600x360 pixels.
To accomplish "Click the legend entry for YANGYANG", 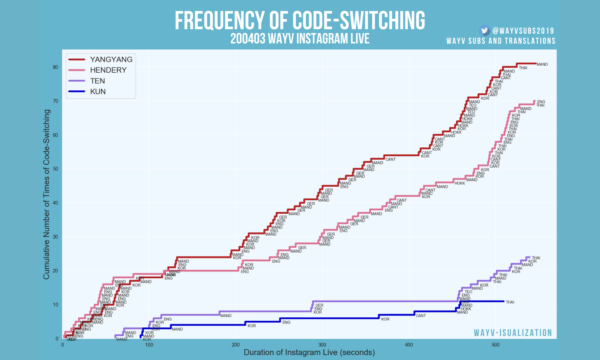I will tap(111, 59).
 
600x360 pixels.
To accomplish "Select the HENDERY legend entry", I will tap(108, 70).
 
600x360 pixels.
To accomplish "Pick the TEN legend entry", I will tap(97, 81).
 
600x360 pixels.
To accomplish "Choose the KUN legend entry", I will tap(98, 92).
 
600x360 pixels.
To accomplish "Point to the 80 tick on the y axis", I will tap(55, 67).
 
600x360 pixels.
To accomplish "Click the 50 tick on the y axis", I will tap(55, 169).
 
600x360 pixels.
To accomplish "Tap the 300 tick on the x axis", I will tap(322, 345).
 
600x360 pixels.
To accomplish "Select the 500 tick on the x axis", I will tap(495, 345).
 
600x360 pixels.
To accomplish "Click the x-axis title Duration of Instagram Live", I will tap(309, 352).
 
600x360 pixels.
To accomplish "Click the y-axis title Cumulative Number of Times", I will tap(47, 194).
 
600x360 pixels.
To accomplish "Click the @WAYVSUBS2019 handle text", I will tap(523, 31).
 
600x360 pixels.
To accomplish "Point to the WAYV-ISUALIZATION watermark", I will tap(513, 333).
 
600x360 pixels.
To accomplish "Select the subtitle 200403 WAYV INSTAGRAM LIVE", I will tap(300, 39).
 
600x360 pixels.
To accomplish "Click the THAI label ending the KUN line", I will tap(510, 302).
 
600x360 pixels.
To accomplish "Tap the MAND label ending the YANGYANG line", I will tap(542, 65).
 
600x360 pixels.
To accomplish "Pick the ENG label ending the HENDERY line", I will tap(541, 102).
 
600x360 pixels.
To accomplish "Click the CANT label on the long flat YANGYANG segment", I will tap(390, 159).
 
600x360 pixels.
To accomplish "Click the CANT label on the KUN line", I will tap(421, 316).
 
